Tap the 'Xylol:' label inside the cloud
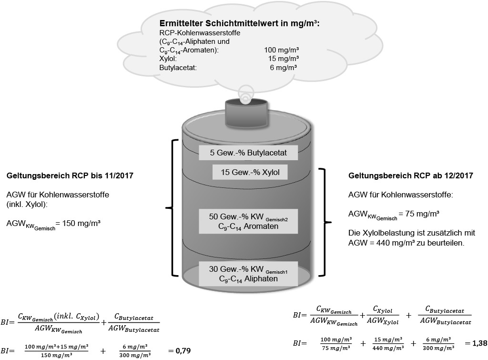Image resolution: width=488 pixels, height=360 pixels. tap(169, 59)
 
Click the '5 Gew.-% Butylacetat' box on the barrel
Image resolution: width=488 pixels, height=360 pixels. tap(248, 153)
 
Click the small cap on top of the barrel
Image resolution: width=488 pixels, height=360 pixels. tap(245, 111)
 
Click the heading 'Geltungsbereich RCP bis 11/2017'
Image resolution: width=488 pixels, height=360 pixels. tap(70, 176)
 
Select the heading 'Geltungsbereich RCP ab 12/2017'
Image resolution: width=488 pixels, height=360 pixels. tap(411, 175)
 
